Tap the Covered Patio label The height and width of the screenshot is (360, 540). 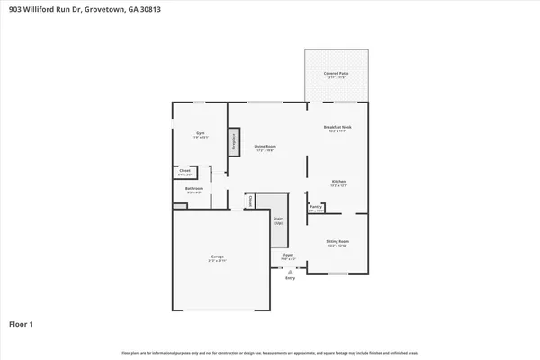pyautogui.click(x=337, y=75)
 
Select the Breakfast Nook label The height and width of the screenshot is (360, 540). pyautogui.click(x=337, y=129)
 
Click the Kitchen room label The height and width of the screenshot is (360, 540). pyautogui.click(x=337, y=183)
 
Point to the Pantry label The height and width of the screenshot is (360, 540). pyautogui.click(x=316, y=208)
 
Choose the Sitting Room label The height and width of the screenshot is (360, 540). pyautogui.click(x=337, y=243)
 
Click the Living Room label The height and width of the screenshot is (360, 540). pyautogui.click(x=264, y=148)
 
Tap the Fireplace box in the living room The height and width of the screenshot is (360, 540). pyautogui.click(x=233, y=141)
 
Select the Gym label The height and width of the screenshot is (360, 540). pyautogui.click(x=200, y=135)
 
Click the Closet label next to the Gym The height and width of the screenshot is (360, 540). pyautogui.click(x=184, y=171)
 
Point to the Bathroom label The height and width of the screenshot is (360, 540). pyautogui.click(x=194, y=190)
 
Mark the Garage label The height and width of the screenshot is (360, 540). pyautogui.click(x=217, y=259)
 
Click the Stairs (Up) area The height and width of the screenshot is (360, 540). pyautogui.click(x=279, y=220)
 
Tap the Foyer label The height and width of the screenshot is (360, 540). pyautogui.click(x=289, y=256)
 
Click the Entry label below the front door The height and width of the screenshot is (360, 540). pyautogui.click(x=290, y=278)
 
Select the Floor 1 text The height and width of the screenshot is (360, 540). pyautogui.click(x=22, y=322)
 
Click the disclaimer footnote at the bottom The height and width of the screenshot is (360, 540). pyautogui.click(x=270, y=353)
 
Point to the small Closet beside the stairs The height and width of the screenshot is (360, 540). pyautogui.click(x=250, y=202)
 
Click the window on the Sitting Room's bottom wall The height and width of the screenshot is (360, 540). pyautogui.click(x=337, y=273)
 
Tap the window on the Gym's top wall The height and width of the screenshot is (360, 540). pyautogui.click(x=199, y=102)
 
